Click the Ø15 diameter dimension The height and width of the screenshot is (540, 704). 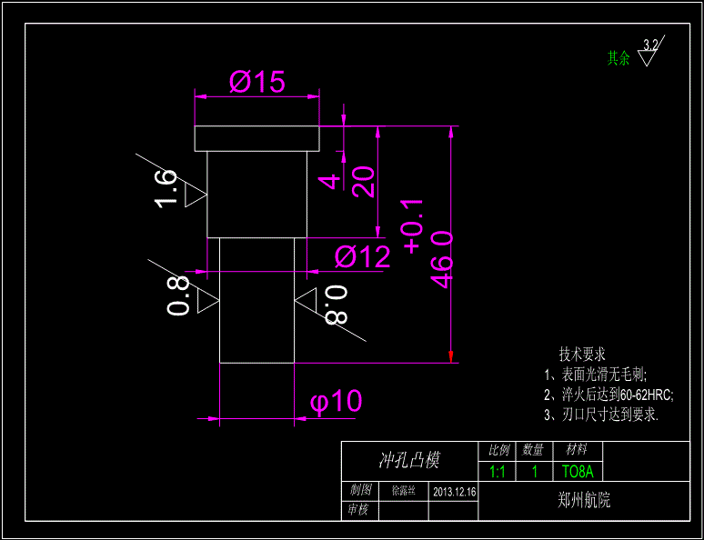coord(257,83)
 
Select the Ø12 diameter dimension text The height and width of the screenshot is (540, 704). coord(362,257)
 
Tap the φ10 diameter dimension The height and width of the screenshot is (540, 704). coord(336,401)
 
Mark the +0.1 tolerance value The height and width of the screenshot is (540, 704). coord(412,225)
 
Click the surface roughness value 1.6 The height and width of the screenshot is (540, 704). coord(166,188)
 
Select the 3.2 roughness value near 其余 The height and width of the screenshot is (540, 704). coord(650,45)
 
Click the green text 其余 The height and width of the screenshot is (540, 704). coord(619,58)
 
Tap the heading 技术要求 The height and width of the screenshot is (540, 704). coord(582,355)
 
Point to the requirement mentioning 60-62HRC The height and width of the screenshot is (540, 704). coord(608,395)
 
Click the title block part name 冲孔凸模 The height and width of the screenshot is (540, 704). coord(408,461)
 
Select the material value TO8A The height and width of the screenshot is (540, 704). coord(577,472)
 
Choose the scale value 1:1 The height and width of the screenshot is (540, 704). coord(498,472)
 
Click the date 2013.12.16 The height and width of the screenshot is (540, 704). coord(455,491)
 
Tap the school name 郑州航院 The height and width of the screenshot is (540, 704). coord(583,500)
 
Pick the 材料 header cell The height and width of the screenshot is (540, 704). coord(577,450)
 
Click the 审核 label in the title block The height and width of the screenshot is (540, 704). coord(358,510)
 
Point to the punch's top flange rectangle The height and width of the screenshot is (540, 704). coord(257,138)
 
